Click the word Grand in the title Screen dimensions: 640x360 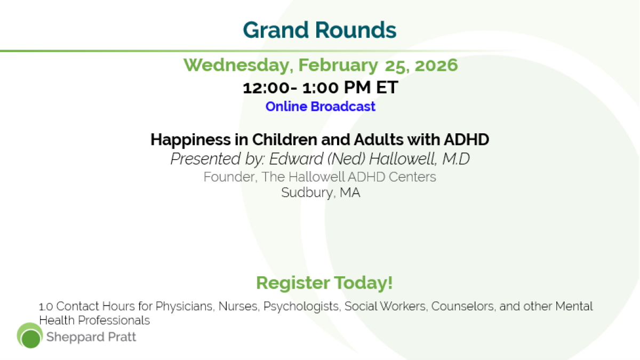tap(276, 30)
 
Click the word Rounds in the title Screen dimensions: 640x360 tap(356, 30)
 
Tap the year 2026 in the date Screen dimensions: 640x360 tap(436, 65)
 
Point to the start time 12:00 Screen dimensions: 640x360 tap(266, 87)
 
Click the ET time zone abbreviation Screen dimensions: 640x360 tap(387, 87)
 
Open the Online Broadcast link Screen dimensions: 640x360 tap(321, 107)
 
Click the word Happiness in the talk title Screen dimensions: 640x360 tap(190, 140)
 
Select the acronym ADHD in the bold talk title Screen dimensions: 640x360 tap(466, 139)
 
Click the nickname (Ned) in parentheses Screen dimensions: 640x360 tap(346, 159)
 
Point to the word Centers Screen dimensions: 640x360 tap(412, 177)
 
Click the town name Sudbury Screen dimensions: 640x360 tap(307, 193)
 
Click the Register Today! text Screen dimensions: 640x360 tap(324, 283)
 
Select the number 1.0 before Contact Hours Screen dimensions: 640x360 tap(46, 307)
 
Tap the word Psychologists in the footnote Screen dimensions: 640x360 tap(302, 307)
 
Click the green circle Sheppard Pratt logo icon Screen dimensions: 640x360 tap(30, 335)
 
